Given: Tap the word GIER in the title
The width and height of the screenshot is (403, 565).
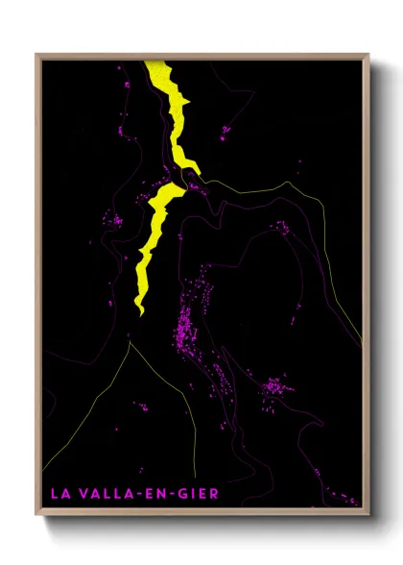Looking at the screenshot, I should [x=199, y=494].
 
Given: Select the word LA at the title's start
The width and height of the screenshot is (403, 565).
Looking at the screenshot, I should [x=60, y=494].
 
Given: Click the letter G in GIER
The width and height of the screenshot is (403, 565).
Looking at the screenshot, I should [x=182, y=494].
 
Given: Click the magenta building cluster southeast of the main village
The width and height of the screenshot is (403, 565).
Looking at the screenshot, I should [x=274, y=389].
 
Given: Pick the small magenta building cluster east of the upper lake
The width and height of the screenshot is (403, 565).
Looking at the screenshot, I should [x=226, y=130].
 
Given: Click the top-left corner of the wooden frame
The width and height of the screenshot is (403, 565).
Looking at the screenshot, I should [x=37, y=55].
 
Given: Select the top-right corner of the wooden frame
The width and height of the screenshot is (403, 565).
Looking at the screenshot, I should [x=369, y=55].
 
